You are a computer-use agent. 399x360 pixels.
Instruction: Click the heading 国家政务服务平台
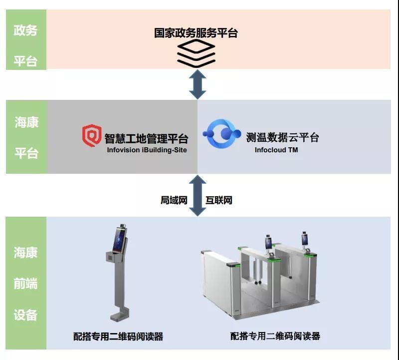[196, 33]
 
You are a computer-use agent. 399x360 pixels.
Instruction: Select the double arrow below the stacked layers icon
[198, 84]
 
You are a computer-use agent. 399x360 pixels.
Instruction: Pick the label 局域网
[174, 200]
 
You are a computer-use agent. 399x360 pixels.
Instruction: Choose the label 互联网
[219, 200]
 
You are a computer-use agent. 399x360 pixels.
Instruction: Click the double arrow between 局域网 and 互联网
[198, 195]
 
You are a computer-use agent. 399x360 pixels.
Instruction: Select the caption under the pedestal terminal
[118, 337]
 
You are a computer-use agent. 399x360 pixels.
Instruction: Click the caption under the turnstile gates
[275, 337]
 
